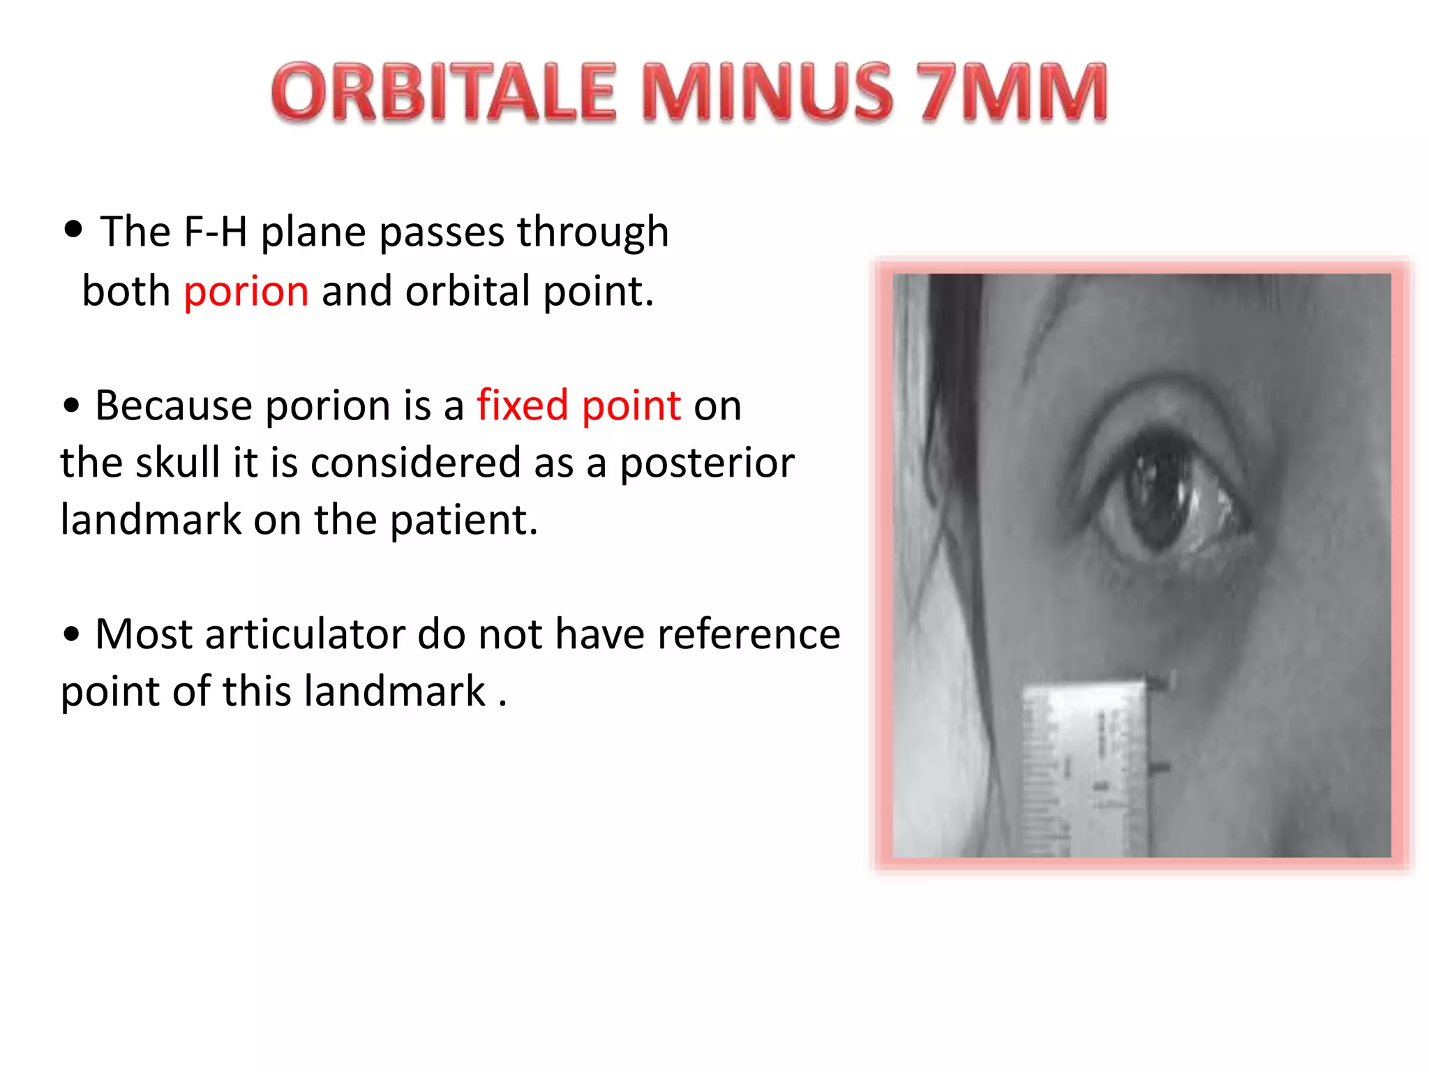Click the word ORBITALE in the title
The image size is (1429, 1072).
444,92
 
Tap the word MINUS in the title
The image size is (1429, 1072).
767,92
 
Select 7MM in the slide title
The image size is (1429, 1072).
1011,92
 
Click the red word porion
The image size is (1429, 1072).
246,292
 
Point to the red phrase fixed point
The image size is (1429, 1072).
578,405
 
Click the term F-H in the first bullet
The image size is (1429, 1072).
215,232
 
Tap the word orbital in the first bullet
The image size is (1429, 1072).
467,291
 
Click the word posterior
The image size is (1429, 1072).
707,464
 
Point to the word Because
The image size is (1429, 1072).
174,405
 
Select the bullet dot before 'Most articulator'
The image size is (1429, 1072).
71,634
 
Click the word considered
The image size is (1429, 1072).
416,463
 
